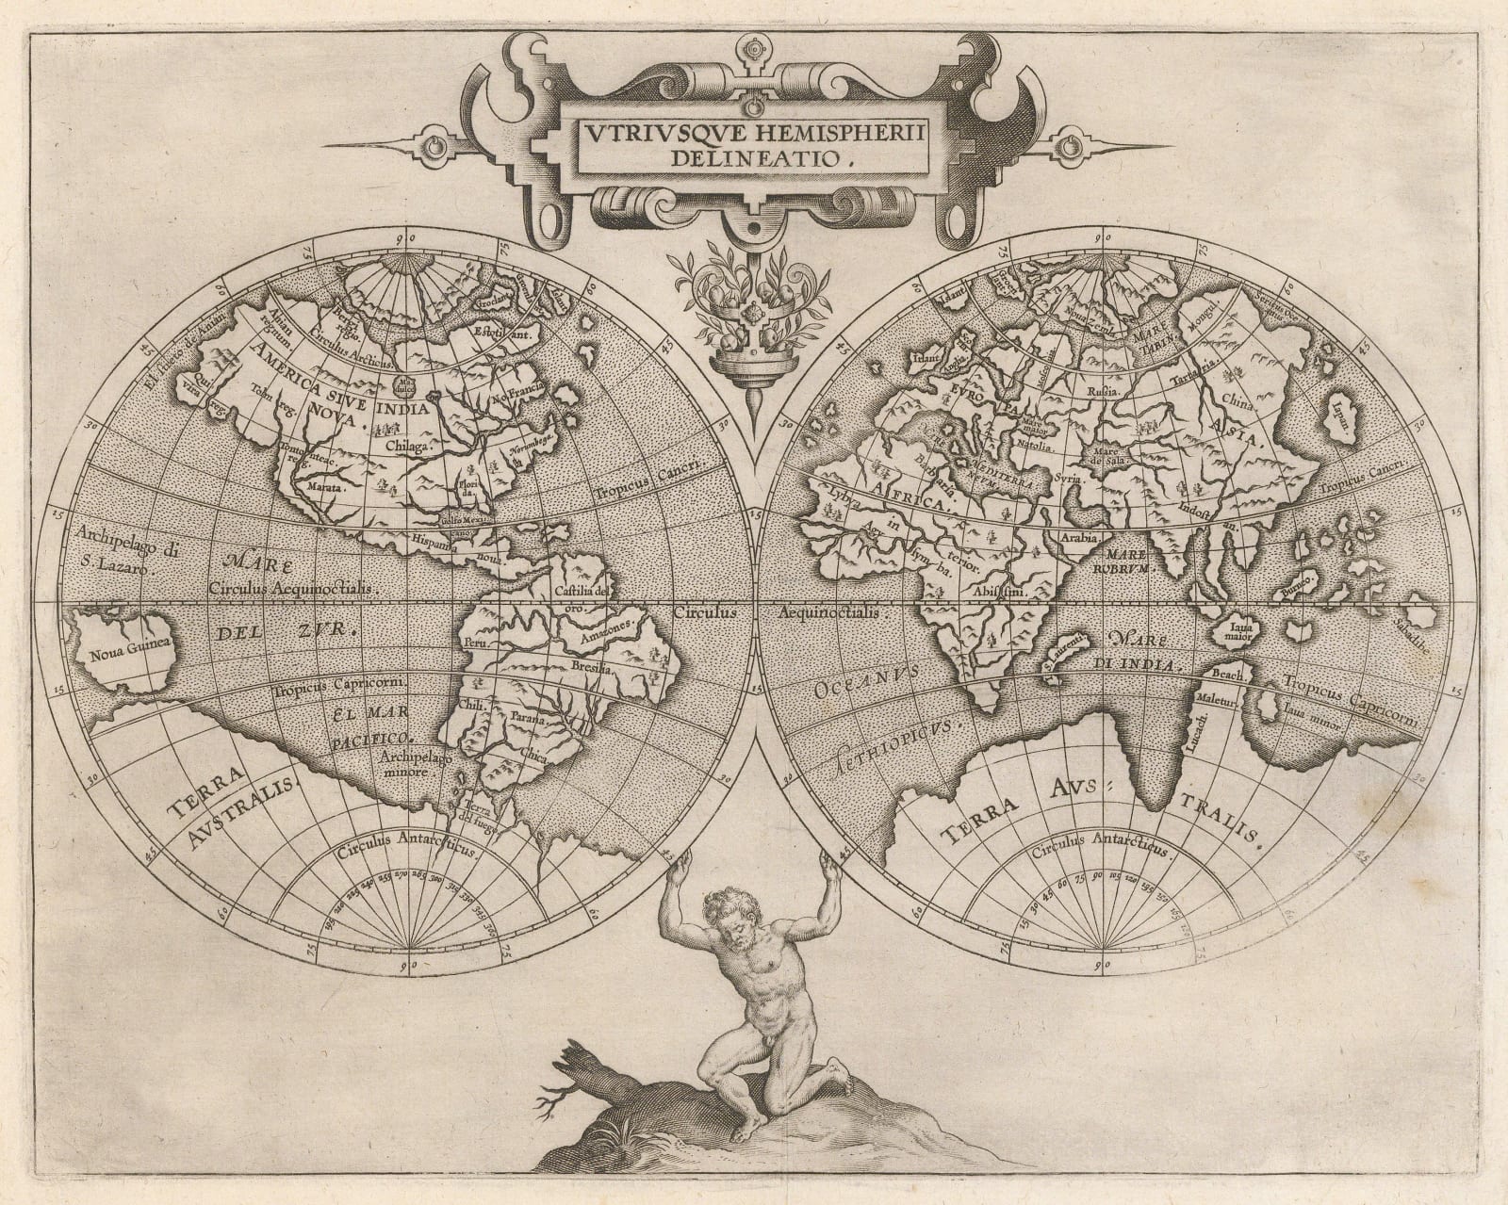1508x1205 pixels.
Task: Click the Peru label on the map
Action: point(473,643)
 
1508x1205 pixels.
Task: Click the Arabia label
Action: point(1081,536)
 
